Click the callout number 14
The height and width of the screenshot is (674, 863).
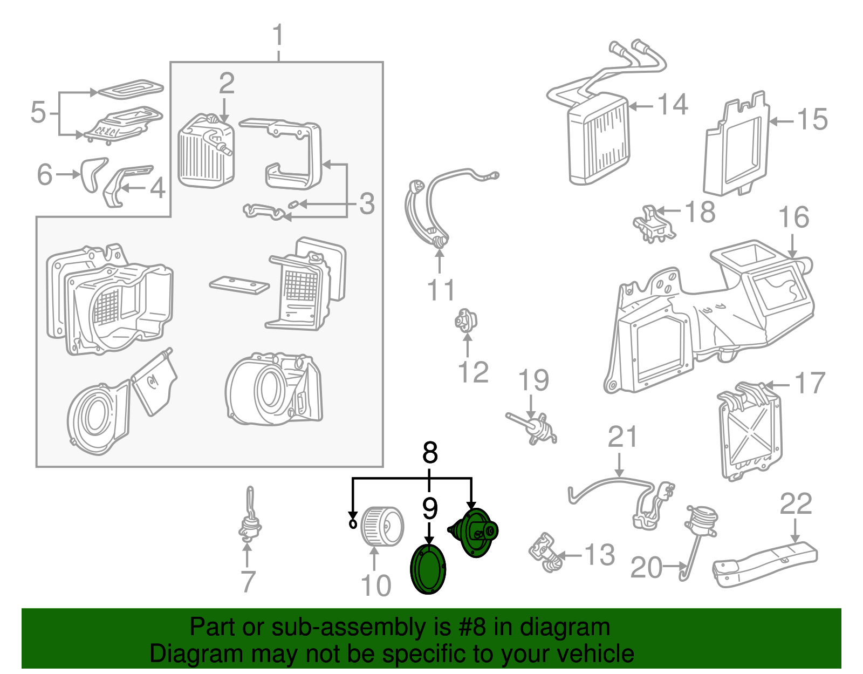[x=672, y=105]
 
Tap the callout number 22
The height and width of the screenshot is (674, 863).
[x=796, y=504]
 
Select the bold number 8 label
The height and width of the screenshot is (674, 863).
[x=429, y=453]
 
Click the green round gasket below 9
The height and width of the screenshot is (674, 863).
[x=428, y=569]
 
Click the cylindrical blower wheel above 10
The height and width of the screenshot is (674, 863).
[x=381, y=525]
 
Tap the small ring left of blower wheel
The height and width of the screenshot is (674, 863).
[x=353, y=523]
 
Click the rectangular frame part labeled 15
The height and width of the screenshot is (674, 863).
[x=736, y=146]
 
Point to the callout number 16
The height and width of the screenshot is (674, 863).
[x=793, y=217]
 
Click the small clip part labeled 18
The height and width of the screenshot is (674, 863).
[x=653, y=224]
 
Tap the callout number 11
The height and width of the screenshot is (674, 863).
[x=441, y=290]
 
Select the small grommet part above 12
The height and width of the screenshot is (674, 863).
[x=464, y=321]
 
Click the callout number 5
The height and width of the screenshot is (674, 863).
[x=38, y=113]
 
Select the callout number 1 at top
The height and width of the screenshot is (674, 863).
[x=278, y=36]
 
